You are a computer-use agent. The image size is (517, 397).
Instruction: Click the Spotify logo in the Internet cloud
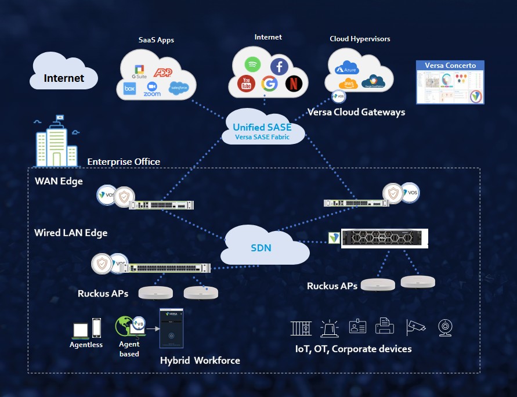(253, 64)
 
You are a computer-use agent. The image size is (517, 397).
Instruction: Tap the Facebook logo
(279, 67)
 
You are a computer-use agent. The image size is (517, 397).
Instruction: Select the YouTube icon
(246, 84)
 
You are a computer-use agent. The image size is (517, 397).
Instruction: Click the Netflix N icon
(294, 84)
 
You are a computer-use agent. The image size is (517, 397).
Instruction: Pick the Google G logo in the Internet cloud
(269, 84)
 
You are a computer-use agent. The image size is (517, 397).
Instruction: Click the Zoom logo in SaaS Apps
(152, 88)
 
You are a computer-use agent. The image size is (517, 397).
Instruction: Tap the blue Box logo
(129, 89)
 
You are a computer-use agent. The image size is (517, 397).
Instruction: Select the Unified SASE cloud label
(262, 128)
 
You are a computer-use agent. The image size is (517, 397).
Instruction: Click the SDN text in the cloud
(261, 248)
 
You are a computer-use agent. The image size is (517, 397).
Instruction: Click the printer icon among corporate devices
(385, 326)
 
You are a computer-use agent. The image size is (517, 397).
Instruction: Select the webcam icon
(445, 327)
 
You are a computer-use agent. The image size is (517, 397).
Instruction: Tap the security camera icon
(416, 327)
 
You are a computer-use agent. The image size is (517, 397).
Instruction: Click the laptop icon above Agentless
(81, 330)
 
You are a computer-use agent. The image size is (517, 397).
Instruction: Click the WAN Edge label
(59, 181)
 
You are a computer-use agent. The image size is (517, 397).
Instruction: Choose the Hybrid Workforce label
(200, 360)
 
